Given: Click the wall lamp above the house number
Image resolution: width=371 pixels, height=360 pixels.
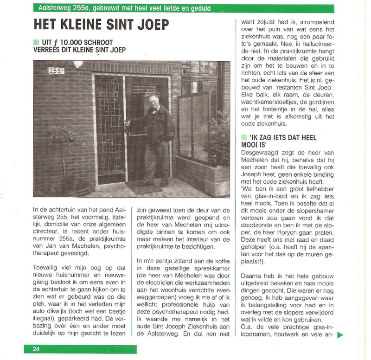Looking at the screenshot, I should (78, 64).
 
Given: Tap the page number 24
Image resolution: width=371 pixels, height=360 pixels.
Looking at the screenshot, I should (36, 349).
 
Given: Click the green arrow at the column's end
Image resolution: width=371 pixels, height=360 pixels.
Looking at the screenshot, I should (340, 334).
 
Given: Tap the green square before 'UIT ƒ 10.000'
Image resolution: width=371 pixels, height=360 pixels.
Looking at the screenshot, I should (36, 43).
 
